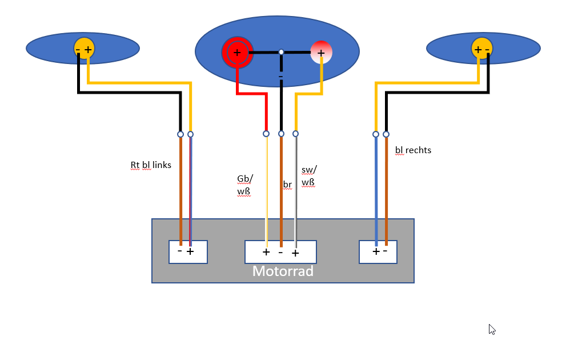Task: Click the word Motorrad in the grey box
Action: click(283, 271)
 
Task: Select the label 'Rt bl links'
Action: click(151, 165)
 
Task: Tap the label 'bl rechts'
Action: click(413, 150)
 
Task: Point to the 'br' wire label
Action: click(287, 185)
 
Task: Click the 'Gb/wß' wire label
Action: click(245, 185)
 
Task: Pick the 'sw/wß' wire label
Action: click(309, 176)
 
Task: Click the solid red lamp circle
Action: click(238, 53)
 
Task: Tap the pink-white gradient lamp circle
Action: click(321, 53)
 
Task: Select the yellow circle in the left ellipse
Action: click(85, 49)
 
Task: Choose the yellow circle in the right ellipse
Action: click(482, 49)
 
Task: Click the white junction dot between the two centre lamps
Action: click(282, 52)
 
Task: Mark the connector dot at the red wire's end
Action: click(266, 134)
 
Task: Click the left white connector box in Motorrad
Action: click(188, 252)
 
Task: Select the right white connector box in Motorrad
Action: click(378, 252)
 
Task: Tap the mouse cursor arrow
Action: click(492, 330)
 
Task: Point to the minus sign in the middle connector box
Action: click(280, 253)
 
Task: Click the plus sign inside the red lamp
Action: click(237, 53)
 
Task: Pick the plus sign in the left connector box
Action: click(190, 251)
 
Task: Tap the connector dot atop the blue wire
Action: click(376, 134)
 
